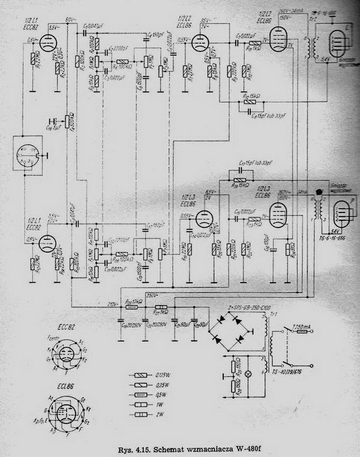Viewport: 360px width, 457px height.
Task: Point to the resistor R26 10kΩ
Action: (132, 307)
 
